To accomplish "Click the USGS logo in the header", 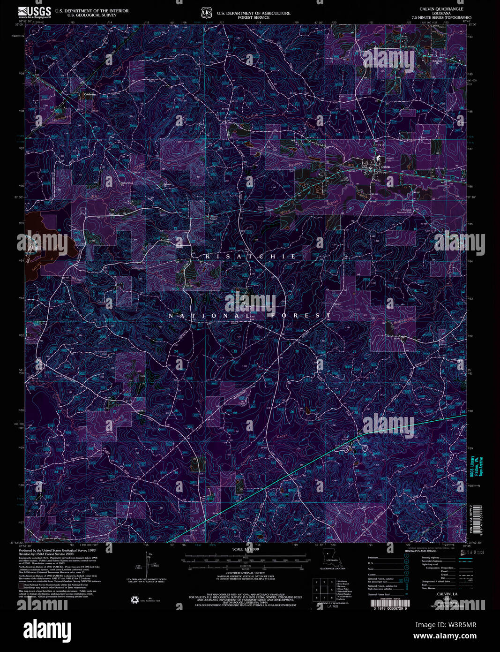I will click(35, 12).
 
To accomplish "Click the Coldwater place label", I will click(90, 94).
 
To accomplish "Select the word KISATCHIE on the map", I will click(251, 257).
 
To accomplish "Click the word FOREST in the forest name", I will click(300, 316).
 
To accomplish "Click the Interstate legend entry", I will click(375, 557).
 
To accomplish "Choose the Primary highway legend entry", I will click(431, 557).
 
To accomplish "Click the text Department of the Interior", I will click(92, 11).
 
